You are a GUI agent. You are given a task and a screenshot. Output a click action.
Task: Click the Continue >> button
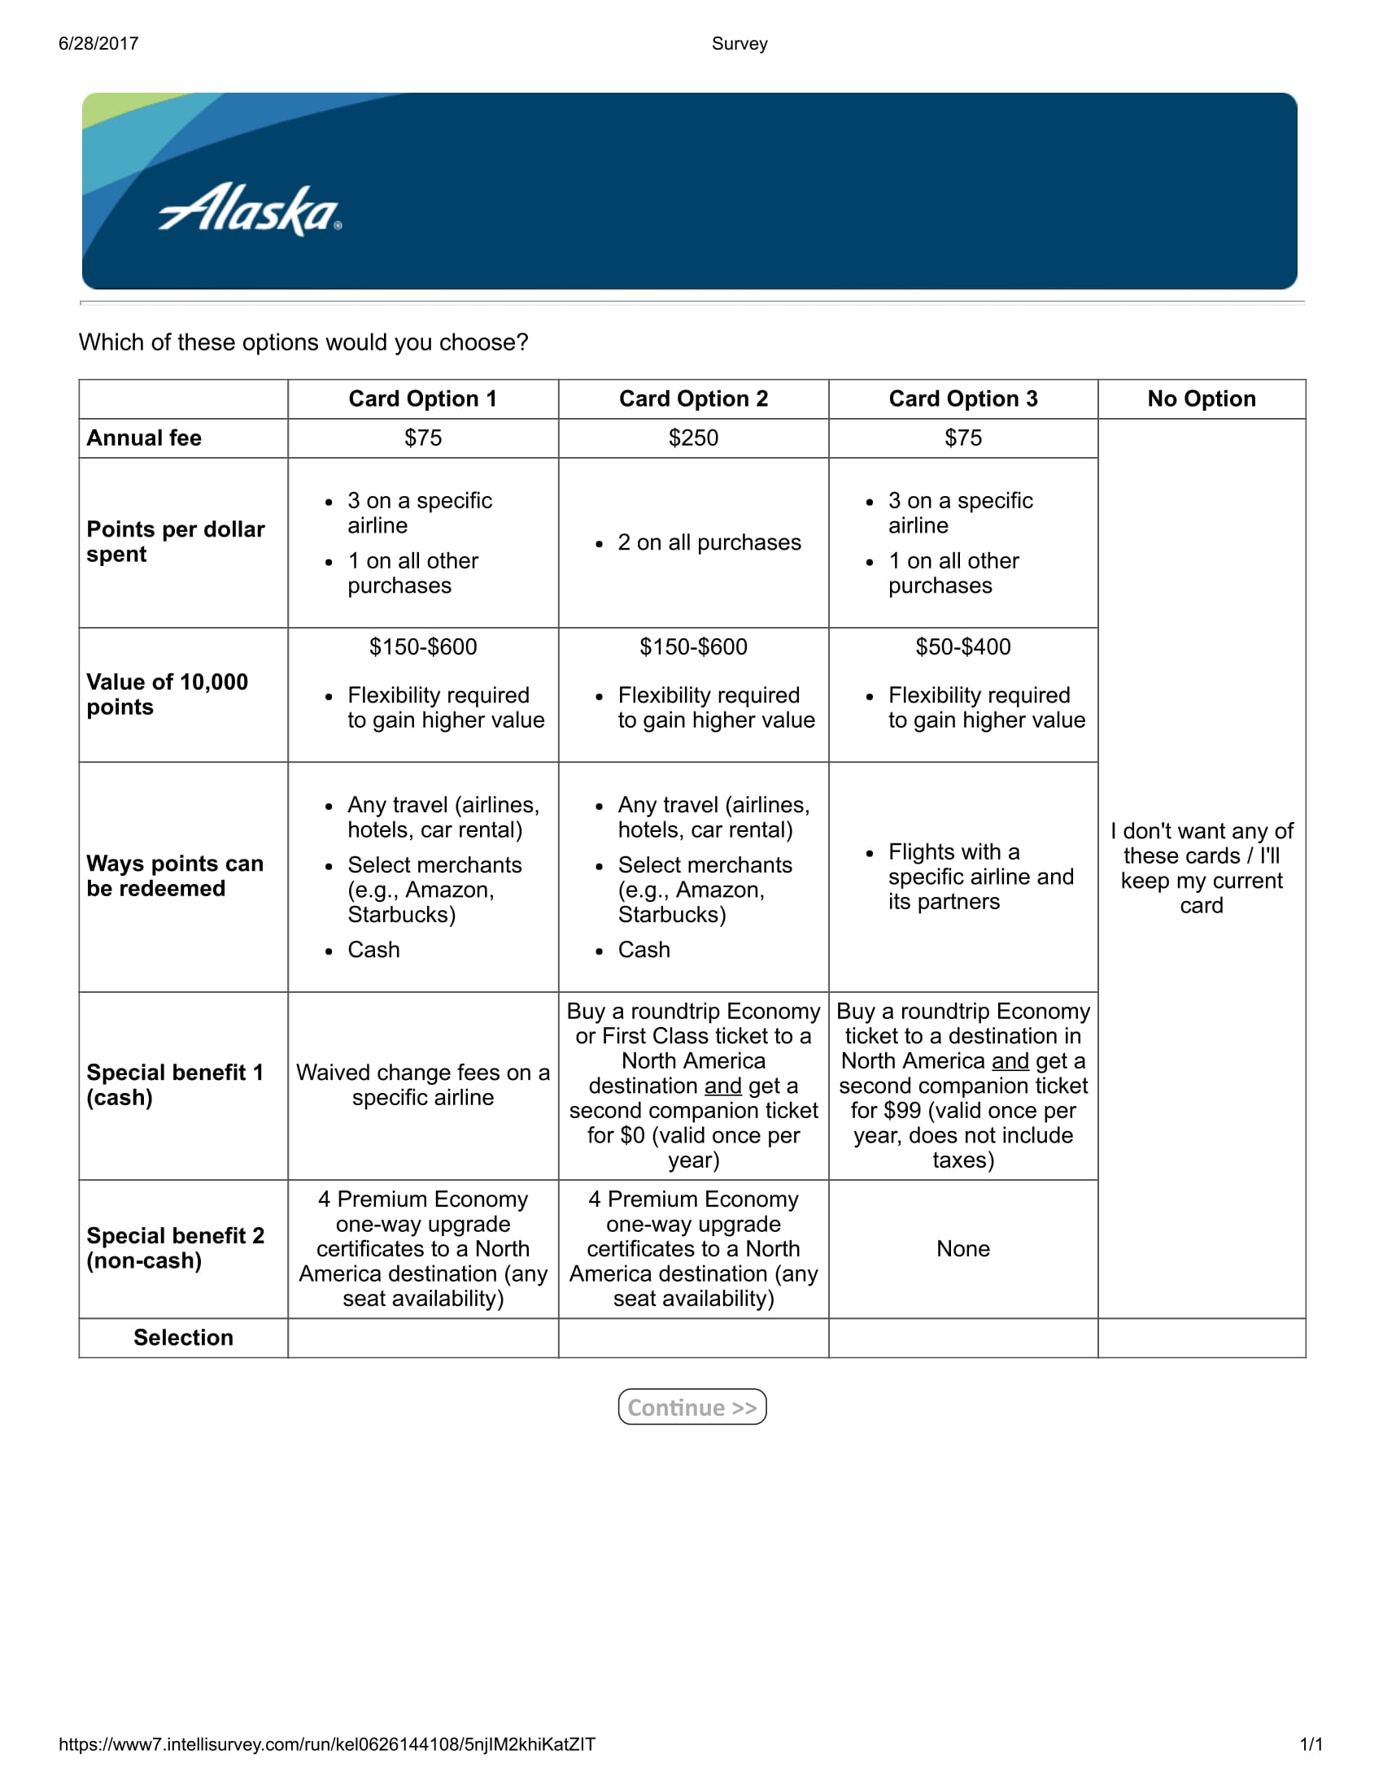point(691,1407)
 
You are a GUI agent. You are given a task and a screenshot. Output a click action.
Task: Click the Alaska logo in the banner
point(250,210)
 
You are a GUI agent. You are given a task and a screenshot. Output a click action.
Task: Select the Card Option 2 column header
point(693,399)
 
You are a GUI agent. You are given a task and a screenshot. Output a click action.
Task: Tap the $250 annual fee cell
point(693,438)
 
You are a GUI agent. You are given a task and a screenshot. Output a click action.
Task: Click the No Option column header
point(1201,399)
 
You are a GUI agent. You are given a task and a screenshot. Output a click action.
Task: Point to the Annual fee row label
point(144,438)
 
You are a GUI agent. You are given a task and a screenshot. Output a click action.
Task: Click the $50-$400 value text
point(962,647)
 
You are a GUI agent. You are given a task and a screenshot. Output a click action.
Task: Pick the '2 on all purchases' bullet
point(709,542)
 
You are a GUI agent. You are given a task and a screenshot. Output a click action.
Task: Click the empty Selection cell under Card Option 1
point(423,1338)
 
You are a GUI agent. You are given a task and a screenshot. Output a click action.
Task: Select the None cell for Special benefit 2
point(962,1248)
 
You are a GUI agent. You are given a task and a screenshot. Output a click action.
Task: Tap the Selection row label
point(183,1338)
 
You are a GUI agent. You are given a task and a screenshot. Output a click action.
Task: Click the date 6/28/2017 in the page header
point(98,43)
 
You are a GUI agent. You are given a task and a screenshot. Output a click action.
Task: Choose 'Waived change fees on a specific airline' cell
point(423,1085)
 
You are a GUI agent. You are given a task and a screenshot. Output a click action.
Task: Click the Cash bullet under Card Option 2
point(644,949)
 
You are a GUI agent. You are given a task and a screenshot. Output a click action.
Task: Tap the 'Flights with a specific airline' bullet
point(980,877)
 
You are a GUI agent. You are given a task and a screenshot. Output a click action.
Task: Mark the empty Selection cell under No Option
point(1201,1338)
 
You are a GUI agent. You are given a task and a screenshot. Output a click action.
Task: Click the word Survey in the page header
point(739,43)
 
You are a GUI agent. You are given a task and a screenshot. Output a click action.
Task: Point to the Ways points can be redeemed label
point(175,876)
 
